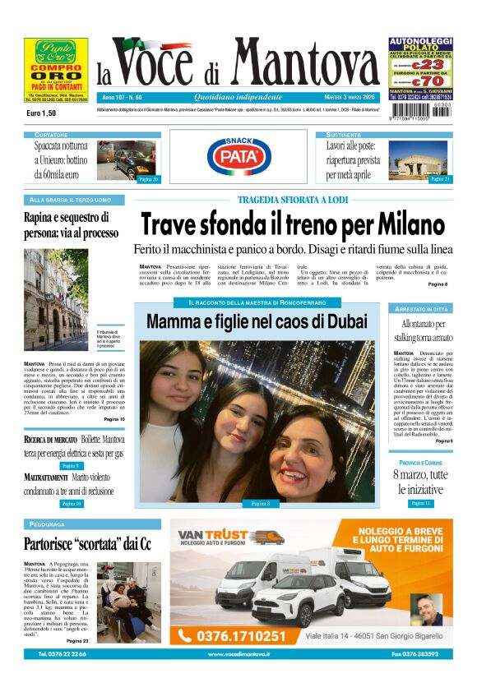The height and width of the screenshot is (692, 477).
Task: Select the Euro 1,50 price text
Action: [41, 113]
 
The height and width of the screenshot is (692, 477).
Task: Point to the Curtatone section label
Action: [51, 134]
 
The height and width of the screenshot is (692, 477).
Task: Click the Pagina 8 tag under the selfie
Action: [261, 503]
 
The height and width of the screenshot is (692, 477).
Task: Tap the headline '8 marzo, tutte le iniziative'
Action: [420, 482]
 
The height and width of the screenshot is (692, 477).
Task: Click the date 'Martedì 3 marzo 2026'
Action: [355, 97]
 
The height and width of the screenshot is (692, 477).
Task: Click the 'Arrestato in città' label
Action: [420, 308]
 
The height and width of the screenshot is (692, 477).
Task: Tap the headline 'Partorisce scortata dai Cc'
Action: [88, 543]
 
